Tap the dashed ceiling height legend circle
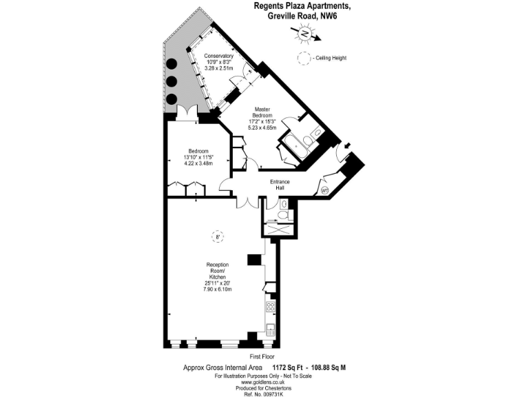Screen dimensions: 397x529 coord(303,59)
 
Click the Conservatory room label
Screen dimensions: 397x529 coord(219,61)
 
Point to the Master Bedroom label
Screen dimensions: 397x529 coord(262,118)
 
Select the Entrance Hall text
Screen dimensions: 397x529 coord(280,185)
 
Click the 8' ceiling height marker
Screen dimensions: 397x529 coord(218,237)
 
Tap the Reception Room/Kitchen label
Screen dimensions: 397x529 coord(218,277)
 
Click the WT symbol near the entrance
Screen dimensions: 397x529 coord(325,190)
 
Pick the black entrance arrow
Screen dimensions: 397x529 coord(346,145)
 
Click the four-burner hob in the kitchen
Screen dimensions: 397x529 coord(271,307)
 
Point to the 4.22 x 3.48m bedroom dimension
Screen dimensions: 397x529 coord(198,163)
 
